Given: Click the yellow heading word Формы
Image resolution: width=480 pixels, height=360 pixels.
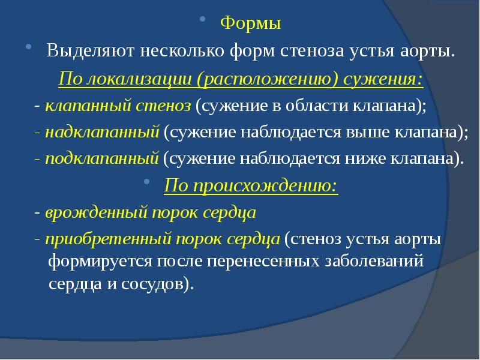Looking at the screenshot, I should pos(250,25).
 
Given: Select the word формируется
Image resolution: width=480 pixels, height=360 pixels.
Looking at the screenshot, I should pos(100,262).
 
